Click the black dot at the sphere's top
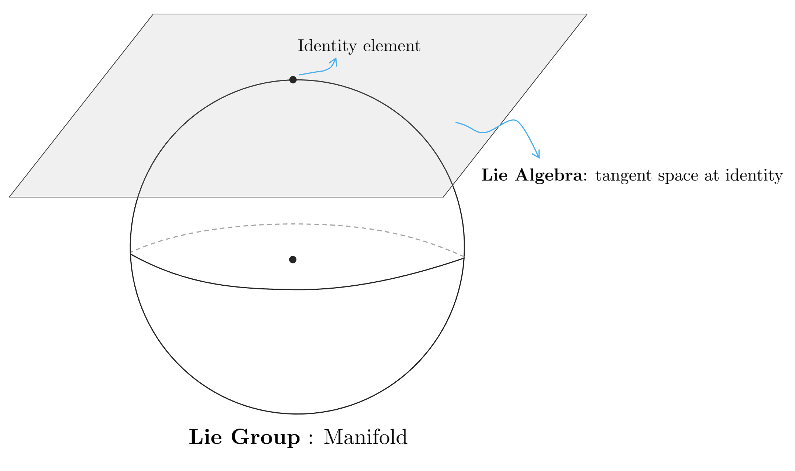[293, 80]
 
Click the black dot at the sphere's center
[293, 259]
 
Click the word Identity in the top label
[327, 46]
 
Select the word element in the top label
[392, 46]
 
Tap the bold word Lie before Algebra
[495, 175]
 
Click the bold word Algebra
[549, 175]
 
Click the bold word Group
[265, 437]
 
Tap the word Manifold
[365, 437]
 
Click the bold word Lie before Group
[205, 437]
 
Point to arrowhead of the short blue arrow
[335, 59]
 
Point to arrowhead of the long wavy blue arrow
[539, 157]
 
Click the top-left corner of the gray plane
[153, 14]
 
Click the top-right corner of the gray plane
[587, 14]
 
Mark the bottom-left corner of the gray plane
[10, 197]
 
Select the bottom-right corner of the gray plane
[443, 197]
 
